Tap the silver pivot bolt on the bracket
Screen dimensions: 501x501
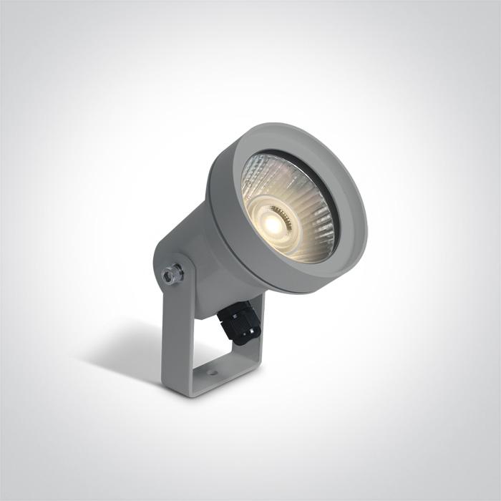(172, 272)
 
